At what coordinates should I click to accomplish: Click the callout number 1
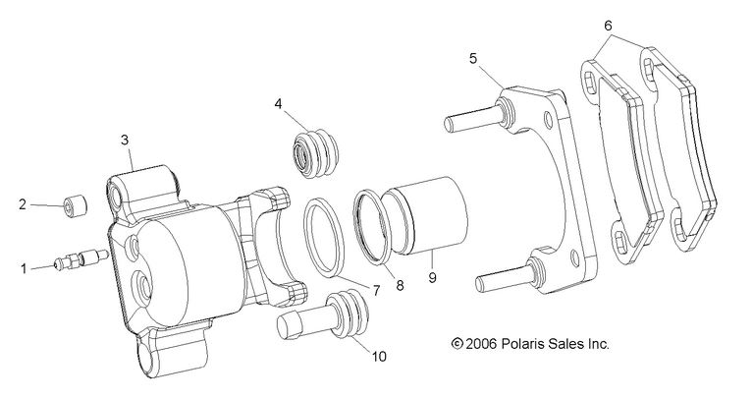point(23,265)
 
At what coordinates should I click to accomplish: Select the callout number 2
point(23,204)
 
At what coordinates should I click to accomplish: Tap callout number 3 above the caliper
point(126,141)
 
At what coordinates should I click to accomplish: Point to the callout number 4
point(279,102)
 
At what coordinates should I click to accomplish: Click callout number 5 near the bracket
point(473,59)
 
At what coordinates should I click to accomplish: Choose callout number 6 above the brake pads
point(608,25)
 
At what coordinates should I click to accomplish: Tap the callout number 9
point(431,279)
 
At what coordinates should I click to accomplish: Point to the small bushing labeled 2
point(75,208)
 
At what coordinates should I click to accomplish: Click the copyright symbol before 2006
point(456,344)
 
